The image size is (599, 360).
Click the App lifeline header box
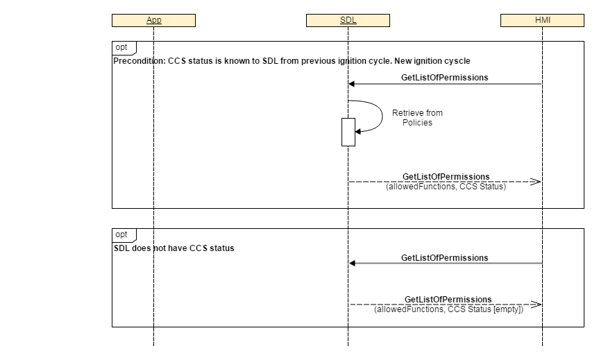[153, 21]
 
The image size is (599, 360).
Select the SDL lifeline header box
[348, 21]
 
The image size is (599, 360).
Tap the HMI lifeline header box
[542, 21]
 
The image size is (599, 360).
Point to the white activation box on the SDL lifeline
[348, 132]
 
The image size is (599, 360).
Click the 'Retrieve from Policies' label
[417, 118]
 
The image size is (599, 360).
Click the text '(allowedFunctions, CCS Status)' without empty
[446, 187]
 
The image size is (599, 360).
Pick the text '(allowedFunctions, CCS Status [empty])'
[448, 309]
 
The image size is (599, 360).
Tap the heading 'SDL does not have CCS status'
[174, 248]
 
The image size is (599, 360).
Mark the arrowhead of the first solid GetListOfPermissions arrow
[352, 84]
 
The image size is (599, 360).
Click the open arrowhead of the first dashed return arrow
[537, 182]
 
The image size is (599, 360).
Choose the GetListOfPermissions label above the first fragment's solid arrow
[444, 78]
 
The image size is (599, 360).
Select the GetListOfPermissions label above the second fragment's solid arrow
[444, 258]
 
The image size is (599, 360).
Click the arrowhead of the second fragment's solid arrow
[352, 264]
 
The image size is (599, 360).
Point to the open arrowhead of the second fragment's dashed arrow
[537, 305]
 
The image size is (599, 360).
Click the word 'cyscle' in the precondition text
[457, 61]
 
